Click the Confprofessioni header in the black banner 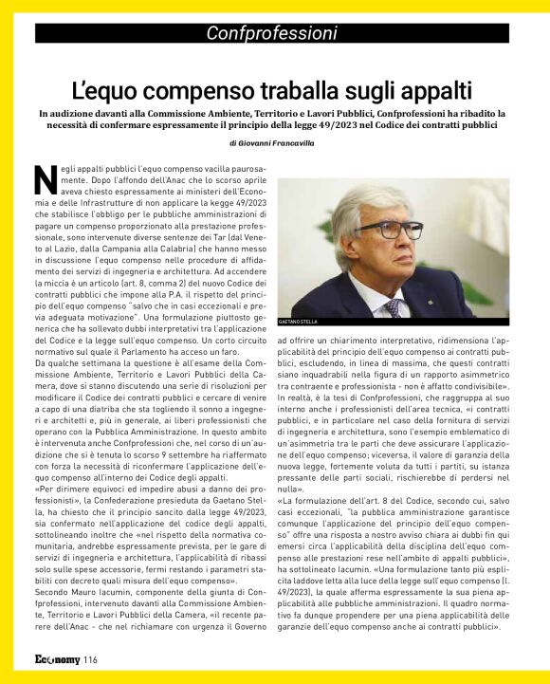[274, 34]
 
